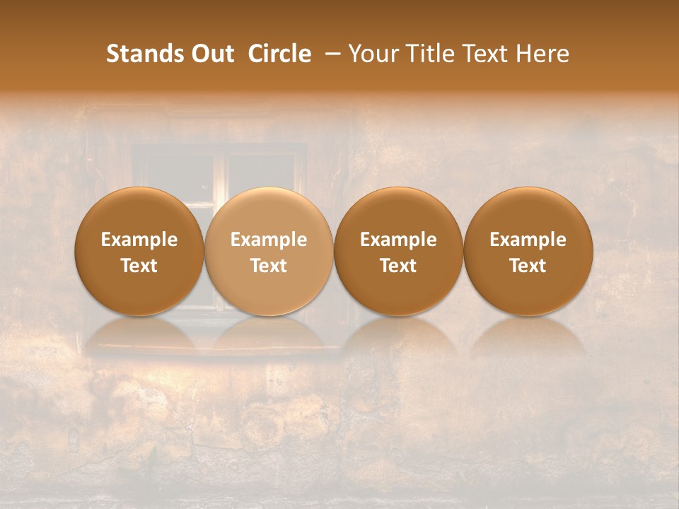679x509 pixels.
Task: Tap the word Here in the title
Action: [x=543, y=54]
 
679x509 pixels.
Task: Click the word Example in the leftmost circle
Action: [x=139, y=240]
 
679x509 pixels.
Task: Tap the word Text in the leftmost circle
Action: [x=139, y=266]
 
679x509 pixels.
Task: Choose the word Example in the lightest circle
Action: [x=269, y=240]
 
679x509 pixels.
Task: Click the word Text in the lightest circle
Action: [x=269, y=266]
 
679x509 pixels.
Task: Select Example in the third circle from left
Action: [x=398, y=240]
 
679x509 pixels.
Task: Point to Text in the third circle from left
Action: [x=398, y=266]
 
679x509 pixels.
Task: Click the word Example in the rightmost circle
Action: [x=528, y=240]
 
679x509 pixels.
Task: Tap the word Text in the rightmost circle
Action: [x=528, y=266]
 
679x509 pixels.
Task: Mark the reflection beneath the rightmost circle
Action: [x=528, y=336]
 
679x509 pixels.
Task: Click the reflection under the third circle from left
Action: [x=398, y=336]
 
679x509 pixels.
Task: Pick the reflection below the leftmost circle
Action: [x=139, y=336]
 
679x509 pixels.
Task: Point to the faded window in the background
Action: [x=219, y=170]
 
